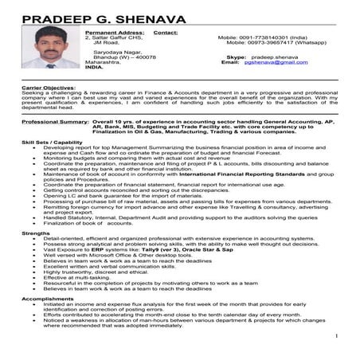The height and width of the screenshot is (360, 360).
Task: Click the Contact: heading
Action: coord(166,33)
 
